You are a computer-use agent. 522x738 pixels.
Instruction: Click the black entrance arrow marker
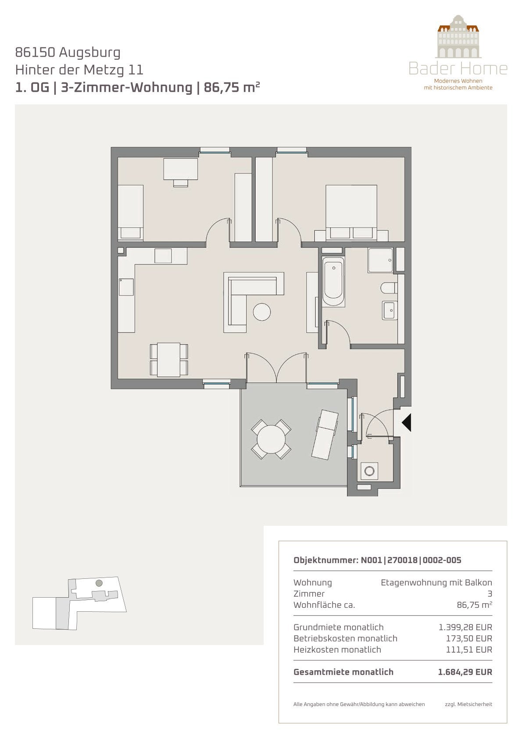[x=407, y=422]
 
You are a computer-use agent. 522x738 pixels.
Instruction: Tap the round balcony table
[x=271, y=439]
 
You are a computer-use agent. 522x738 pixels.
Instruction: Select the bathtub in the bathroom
[x=333, y=282]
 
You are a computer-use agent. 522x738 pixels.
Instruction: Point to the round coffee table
[x=262, y=311]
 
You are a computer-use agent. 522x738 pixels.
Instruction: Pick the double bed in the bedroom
[x=351, y=212]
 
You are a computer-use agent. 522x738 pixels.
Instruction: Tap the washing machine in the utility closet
[x=369, y=471]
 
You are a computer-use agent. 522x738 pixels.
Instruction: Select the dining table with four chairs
[x=169, y=360]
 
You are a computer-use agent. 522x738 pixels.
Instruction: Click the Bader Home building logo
[x=458, y=36]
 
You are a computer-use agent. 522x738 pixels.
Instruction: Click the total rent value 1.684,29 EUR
[x=465, y=672]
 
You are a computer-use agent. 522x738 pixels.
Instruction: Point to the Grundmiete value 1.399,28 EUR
[x=465, y=627]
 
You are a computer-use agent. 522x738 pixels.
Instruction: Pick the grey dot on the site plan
[x=99, y=583]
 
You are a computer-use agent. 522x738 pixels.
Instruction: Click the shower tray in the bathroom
[x=380, y=260]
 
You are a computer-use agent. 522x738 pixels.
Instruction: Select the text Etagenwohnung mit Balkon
[x=436, y=583]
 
